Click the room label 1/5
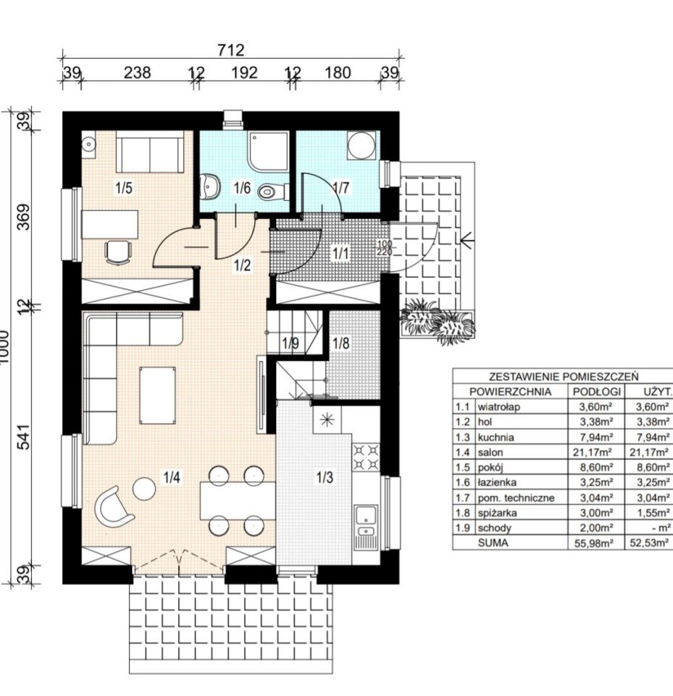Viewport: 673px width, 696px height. pyautogui.click(x=124, y=188)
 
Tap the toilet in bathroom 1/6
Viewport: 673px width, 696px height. pyautogui.click(x=271, y=192)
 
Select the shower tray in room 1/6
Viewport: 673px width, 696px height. pyautogui.click(x=268, y=151)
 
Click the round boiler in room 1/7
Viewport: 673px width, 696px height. pyautogui.click(x=361, y=145)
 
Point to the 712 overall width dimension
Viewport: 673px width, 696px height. pyautogui.click(x=231, y=50)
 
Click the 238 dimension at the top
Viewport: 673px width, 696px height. pyautogui.click(x=137, y=72)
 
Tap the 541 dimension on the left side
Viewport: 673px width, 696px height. pyautogui.click(x=24, y=437)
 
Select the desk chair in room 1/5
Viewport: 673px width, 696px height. pyautogui.click(x=119, y=252)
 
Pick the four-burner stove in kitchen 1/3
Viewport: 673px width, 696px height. pyautogui.click(x=366, y=457)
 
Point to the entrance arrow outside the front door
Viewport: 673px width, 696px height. pyautogui.click(x=467, y=241)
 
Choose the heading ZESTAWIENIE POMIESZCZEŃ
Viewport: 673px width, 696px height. pyautogui.click(x=564, y=377)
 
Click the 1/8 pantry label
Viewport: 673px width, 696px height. pyautogui.click(x=341, y=343)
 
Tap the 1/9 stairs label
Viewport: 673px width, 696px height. pyautogui.click(x=290, y=343)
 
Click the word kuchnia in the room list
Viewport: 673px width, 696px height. pyautogui.click(x=496, y=437)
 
